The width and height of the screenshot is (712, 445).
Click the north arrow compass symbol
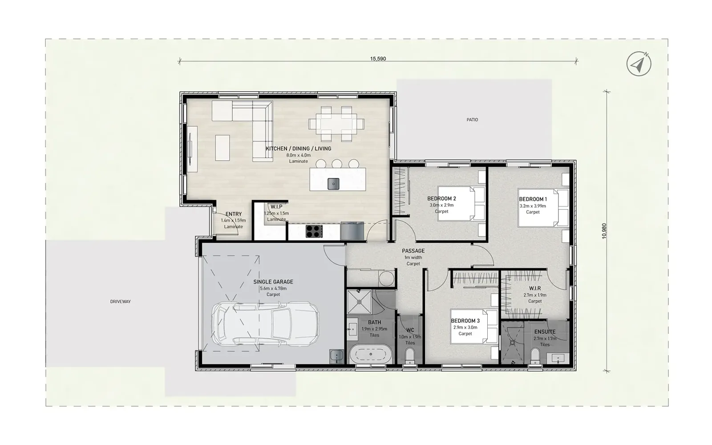tap(639, 64)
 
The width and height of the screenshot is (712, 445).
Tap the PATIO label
tap(472, 120)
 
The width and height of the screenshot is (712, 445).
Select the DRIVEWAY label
tap(121, 302)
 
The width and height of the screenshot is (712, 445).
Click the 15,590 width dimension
tap(378, 59)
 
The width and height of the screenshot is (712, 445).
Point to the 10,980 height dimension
tap(604, 231)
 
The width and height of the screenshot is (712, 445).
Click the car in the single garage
tap(265, 324)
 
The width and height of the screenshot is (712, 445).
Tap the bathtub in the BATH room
tap(371, 354)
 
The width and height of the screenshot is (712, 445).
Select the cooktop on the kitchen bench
tap(314, 231)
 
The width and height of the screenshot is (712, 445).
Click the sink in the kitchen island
tap(333, 184)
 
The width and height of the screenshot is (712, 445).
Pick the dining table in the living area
tap(336, 124)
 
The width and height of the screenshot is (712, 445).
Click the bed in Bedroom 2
tap(461, 203)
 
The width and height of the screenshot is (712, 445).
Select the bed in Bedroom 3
tap(474, 327)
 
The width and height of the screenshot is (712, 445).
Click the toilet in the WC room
tap(410, 356)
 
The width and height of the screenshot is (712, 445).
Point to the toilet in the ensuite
tap(535, 356)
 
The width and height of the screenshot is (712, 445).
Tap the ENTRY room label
tap(234, 214)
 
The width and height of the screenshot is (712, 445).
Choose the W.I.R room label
tap(535, 289)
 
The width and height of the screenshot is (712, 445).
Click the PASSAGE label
tap(413, 251)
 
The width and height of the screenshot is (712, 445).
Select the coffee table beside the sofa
tap(222, 148)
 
